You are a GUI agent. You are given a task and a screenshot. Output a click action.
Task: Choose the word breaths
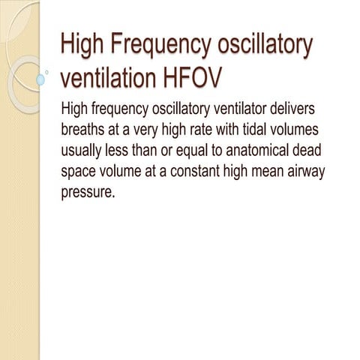[x=83, y=128]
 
